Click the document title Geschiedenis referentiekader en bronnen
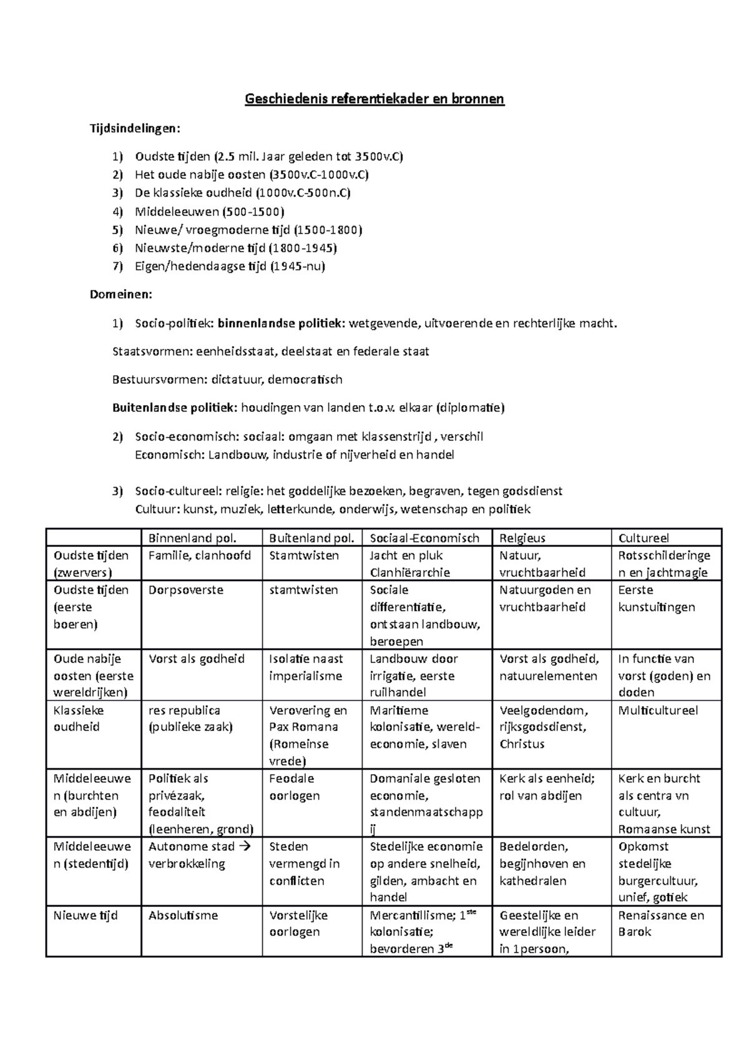coord(374,99)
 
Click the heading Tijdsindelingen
coord(135,128)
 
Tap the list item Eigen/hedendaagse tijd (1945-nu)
coord(230,267)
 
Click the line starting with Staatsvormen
coord(270,351)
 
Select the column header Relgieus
coord(522,538)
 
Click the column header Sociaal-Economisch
coord(424,538)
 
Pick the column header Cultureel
coord(644,538)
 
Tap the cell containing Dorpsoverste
coord(185,590)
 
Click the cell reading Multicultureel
coord(658,710)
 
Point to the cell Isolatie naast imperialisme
coord(306,667)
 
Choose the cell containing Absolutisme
coord(183,916)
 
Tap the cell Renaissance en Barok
coord(660,923)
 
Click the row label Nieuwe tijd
coord(85,916)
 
